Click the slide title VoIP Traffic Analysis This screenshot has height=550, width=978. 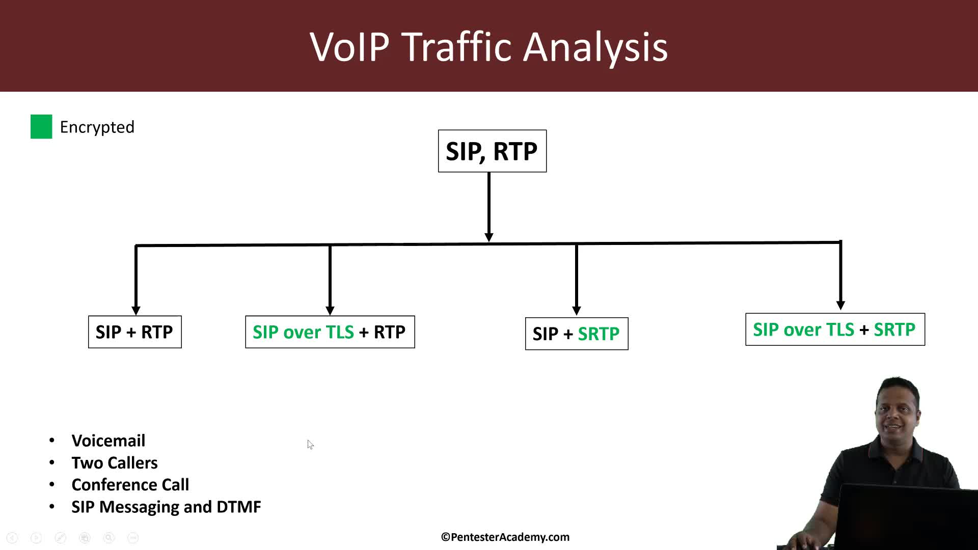[x=488, y=47]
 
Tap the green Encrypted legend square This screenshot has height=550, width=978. [x=41, y=127]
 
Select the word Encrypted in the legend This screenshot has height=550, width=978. [x=97, y=127]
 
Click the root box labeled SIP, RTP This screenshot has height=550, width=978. [x=492, y=151]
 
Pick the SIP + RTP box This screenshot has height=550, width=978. [x=134, y=332]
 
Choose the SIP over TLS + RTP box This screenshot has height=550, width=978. [x=330, y=332]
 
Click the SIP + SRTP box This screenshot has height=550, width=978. [x=576, y=334]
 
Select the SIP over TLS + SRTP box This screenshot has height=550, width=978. [x=834, y=329]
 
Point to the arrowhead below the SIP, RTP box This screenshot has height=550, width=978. [x=489, y=237]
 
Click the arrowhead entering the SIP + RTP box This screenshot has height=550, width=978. [x=136, y=311]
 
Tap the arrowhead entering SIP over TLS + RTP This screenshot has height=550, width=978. [x=330, y=311]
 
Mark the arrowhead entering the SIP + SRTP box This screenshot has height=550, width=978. [x=577, y=311]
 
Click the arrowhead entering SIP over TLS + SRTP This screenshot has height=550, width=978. [x=841, y=306]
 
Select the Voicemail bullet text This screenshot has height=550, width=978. [x=108, y=441]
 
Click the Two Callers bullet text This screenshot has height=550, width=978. [x=115, y=463]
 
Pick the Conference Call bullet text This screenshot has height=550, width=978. [x=130, y=485]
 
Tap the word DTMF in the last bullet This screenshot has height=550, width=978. [x=238, y=507]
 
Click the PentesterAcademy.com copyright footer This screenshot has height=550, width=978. [x=505, y=537]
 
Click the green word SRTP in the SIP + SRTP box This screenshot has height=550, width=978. [x=599, y=334]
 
